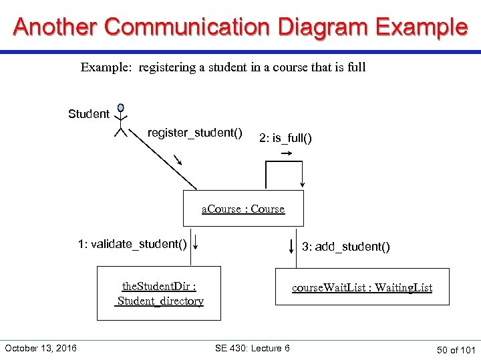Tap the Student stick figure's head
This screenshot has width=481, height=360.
121,107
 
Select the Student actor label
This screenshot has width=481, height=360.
89,114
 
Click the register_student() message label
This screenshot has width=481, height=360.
195,133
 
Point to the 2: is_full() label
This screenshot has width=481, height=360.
285,138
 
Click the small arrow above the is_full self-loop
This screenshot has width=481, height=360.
286,153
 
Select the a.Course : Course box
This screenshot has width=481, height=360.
243,209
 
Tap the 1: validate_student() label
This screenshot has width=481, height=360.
132,244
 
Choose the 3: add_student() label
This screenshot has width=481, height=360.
345,247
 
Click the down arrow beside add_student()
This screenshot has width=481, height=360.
291,241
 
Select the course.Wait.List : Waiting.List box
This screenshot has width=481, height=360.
362,287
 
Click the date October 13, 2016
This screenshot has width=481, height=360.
41,348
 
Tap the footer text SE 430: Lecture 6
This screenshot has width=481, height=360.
253,348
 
